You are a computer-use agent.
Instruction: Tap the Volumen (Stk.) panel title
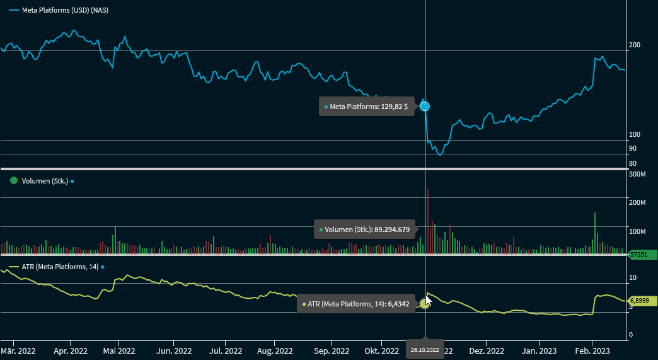[45, 181]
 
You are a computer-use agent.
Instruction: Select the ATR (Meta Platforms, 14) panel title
[60, 267]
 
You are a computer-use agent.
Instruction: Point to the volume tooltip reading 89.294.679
[366, 229]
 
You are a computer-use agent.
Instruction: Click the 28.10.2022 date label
[424, 349]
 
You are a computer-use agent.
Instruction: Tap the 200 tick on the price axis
[635, 45]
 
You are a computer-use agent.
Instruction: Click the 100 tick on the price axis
[635, 135]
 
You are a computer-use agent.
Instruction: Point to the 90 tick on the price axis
[633, 149]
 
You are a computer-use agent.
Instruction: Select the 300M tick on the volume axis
[638, 175]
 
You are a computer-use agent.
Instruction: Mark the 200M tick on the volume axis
[638, 202]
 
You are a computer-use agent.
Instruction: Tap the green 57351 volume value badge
[641, 255]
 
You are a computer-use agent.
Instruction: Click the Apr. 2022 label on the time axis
[70, 351]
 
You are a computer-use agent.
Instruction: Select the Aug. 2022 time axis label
[275, 351]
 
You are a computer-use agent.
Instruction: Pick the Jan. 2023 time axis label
[539, 351]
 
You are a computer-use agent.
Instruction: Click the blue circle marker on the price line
[425, 106]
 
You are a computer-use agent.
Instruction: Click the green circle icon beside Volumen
[14, 181]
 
